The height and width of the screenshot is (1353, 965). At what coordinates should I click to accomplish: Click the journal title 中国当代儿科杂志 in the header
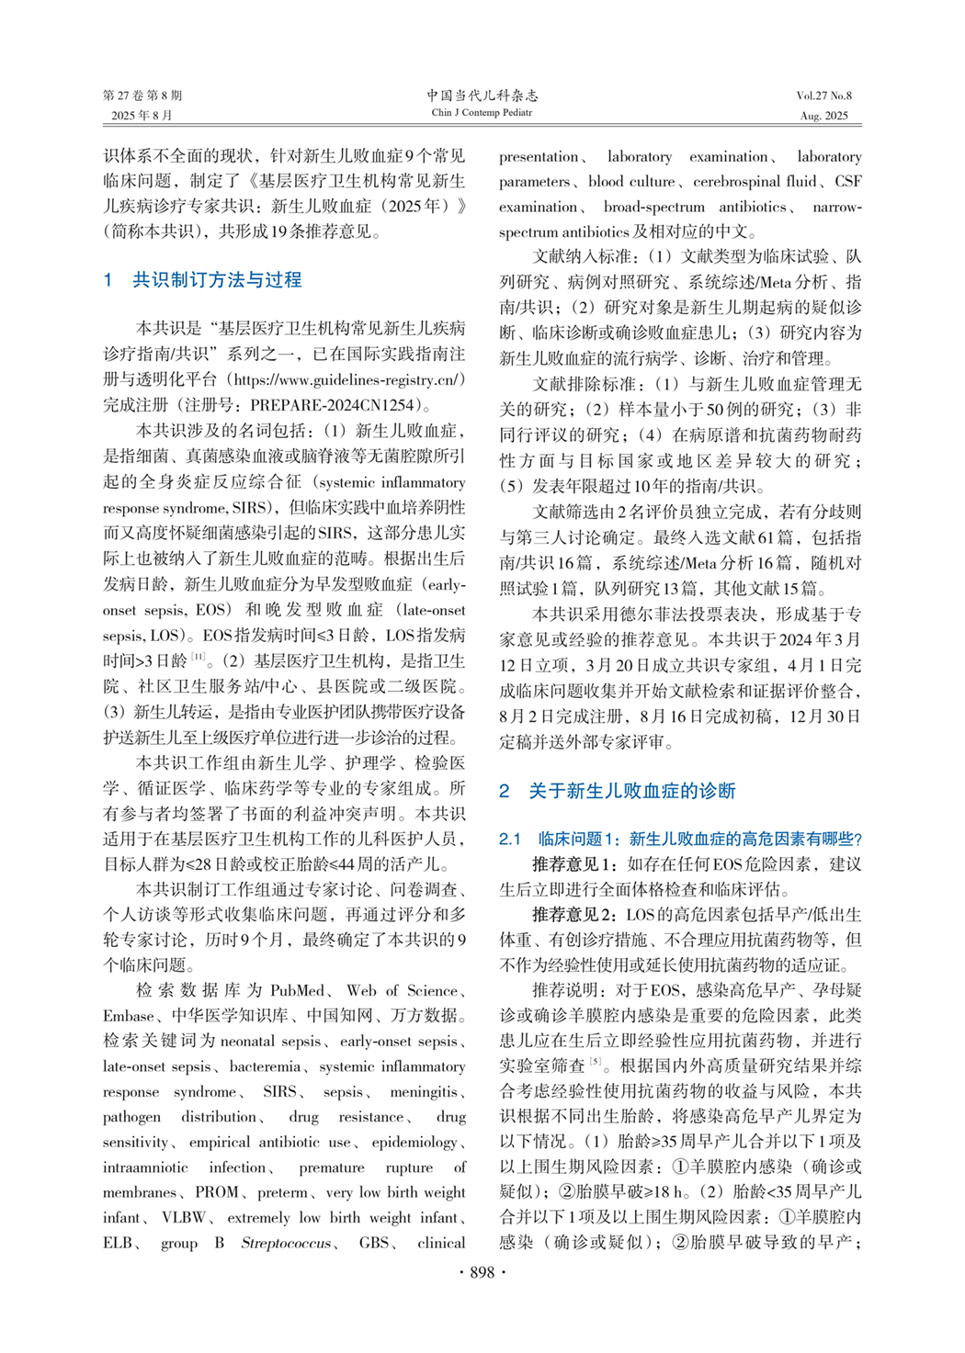(482, 95)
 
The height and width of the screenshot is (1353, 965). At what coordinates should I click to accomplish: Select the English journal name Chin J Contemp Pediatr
(482, 113)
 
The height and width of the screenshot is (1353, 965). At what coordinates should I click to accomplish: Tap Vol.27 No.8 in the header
(823, 96)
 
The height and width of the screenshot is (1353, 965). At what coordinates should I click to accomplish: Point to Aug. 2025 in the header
(823, 116)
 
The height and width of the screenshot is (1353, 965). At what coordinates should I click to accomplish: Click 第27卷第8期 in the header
(142, 96)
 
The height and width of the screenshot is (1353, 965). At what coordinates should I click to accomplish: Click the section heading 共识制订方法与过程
(217, 280)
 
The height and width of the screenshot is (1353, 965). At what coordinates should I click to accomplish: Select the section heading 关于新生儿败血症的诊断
(632, 791)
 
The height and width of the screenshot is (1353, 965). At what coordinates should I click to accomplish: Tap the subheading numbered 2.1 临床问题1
(680, 839)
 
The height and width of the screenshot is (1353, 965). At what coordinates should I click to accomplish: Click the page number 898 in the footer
(482, 1272)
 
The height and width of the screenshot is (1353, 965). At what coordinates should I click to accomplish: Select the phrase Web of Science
(402, 990)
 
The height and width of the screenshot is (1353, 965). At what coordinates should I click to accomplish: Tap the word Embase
(128, 1016)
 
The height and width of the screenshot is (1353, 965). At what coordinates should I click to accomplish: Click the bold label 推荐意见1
(576, 864)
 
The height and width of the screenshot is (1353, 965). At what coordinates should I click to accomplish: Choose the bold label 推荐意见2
(576, 915)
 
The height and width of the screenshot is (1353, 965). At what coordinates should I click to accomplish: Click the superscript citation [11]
(199, 657)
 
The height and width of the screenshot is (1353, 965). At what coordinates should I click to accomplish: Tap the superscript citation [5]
(596, 1062)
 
